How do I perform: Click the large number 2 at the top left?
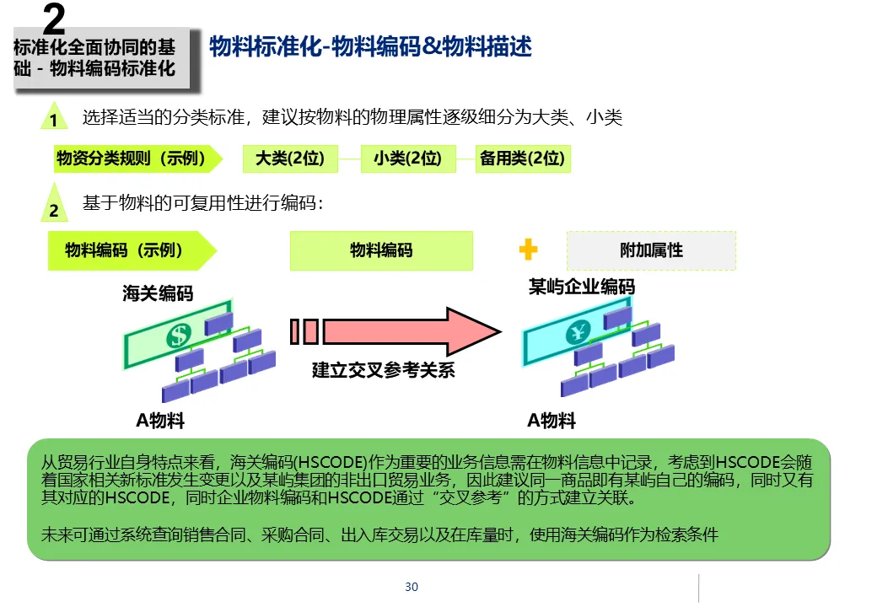53,19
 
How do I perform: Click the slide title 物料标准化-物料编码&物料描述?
370,47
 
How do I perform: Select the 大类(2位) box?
289,158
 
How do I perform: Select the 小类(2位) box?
408,158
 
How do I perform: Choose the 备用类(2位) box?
522,158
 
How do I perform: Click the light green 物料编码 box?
381,250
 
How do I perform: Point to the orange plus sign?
528,250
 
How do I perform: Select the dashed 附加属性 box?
651,250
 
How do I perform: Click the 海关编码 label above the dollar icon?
158,293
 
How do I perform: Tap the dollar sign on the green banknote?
178,335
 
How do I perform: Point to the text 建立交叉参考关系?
384,370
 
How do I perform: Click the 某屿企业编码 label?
582,287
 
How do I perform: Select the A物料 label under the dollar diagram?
160,420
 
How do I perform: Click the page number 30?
412,587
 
